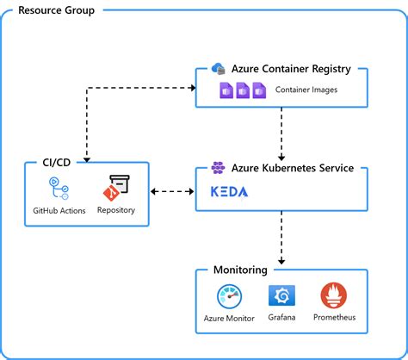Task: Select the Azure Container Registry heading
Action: point(293,69)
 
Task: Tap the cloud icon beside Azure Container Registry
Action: point(218,69)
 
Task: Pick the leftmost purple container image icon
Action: point(227,90)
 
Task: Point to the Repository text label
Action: point(116,210)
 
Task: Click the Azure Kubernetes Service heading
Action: point(292,168)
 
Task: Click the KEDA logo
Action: point(229,192)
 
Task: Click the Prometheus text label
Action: point(334,318)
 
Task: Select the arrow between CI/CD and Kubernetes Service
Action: point(173,192)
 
